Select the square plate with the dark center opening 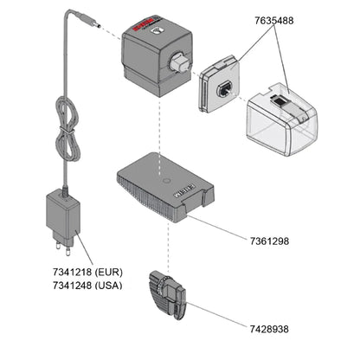222,87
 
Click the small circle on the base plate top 164,181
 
